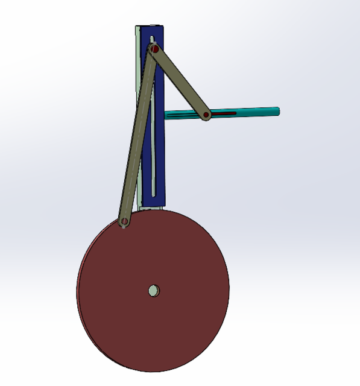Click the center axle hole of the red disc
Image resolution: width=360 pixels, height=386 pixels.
point(154,291)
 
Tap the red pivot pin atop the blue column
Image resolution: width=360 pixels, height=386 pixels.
point(154,48)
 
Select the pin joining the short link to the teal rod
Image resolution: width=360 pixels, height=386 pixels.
point(206,114)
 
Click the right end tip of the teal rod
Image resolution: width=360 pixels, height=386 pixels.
point(278,110)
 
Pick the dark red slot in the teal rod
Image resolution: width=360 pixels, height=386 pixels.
point(226,113)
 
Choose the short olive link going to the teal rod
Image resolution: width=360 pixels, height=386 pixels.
point(181,81)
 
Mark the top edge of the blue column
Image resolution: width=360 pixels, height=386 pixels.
point(151,26)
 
